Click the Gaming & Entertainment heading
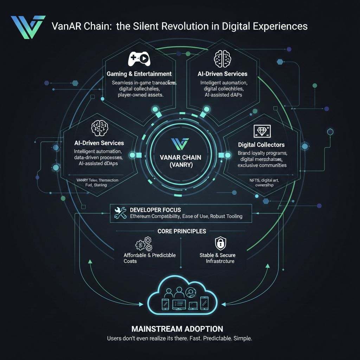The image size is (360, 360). (x=139, y=74)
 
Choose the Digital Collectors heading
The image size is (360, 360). (x=261, y=144)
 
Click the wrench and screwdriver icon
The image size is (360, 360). (x=120, y=213)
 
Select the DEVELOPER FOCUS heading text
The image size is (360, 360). (x=155, y=210)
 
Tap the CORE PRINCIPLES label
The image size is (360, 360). (x=182, y=231)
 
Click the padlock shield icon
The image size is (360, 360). (x=220, y=243)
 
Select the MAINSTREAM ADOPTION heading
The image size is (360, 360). (x=177, y=329)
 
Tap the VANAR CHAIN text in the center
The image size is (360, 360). (x=180, y=158)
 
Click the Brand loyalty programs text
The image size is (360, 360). (x=263, y=153)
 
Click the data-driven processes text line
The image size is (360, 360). (x=98, y=157)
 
